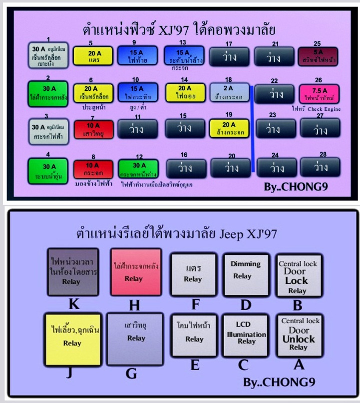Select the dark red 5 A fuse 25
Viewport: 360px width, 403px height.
point(318,55)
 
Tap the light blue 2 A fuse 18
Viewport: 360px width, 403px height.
point(230,92)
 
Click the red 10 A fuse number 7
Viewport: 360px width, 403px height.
point(93,129)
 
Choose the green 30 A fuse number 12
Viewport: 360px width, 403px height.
point(138,169)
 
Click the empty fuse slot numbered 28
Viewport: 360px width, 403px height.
point(320,167)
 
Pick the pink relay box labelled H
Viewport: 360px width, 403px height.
point(136,272)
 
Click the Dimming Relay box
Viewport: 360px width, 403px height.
point(245,270)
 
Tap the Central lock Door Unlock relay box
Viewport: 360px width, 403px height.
point(299,334)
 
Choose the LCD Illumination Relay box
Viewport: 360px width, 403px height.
point(245,334)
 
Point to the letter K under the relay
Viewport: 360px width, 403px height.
point(73,304)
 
